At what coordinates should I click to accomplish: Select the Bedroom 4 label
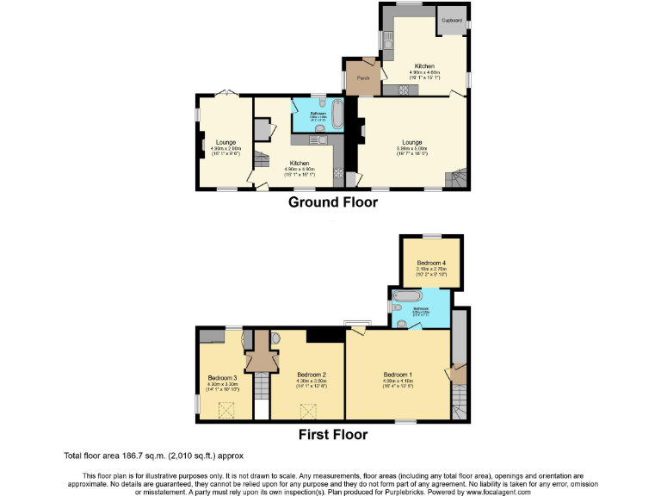(x=431, y=262)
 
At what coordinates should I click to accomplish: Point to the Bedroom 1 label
(x=398, y=374)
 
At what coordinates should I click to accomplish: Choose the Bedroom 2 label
(x=310, y=375)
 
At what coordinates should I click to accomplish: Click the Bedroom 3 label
(x=222, y=376)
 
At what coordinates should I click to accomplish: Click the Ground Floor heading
(x=332, y=202)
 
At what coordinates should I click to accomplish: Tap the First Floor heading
(x=332, y=435)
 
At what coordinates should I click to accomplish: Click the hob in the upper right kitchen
(x=402, y=90)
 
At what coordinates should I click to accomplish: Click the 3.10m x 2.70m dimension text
(x=431, y=270)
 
